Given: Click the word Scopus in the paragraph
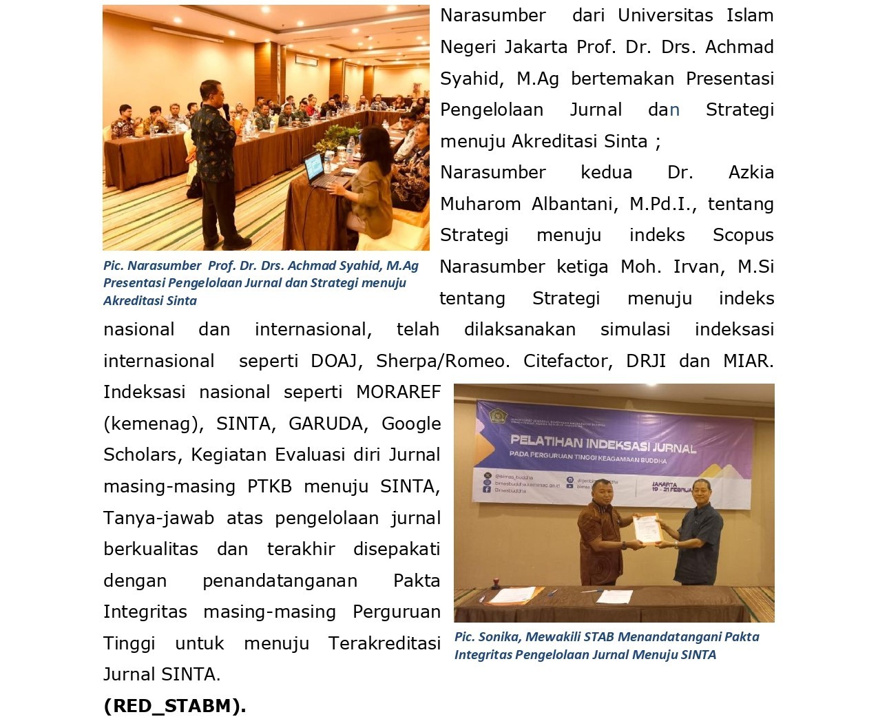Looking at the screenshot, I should (x=743, y=236).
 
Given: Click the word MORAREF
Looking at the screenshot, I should (x=398, y=393).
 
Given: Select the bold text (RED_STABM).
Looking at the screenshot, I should (x=175, y=706).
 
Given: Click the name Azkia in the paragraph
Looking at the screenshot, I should (x=751, y=172).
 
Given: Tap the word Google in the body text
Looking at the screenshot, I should (x=411, y=424).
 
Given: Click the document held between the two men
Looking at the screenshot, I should (x=646, y=528).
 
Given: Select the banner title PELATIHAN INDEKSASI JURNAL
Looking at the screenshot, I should (x=603, y=443).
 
